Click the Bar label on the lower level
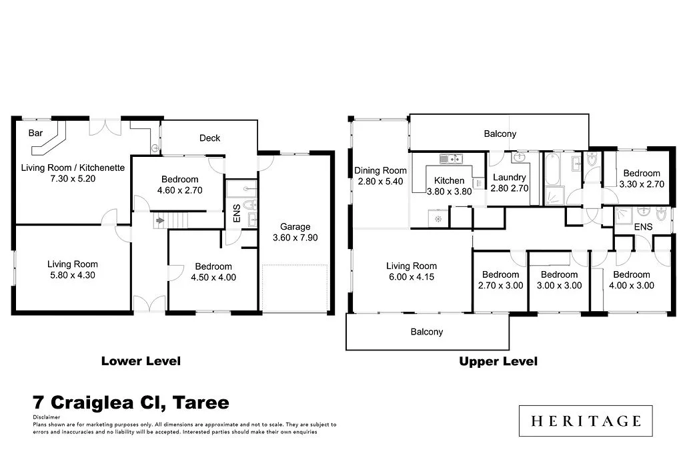(x=35, y=134)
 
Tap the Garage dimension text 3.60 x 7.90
(x=295, y=238)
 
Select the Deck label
(x=209, y=138)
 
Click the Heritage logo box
(x=586, y=421)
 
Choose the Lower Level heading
(x=141, y=361)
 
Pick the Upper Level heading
(x=498, y=361)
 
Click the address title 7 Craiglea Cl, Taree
(x=131, y=403)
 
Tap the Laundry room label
(x=509, y=178)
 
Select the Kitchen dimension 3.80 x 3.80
(x=449, y=191)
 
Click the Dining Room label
(x=380, y=170)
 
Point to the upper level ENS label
(x=643, y=228)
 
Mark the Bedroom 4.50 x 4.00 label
(x=211, y=266)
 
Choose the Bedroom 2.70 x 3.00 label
(x=500, y=274)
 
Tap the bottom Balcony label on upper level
(x=426, y=332)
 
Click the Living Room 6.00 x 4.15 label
(x=410, y=266)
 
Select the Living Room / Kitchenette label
(x=73, y=168)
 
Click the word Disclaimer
(x=46, y=417)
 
